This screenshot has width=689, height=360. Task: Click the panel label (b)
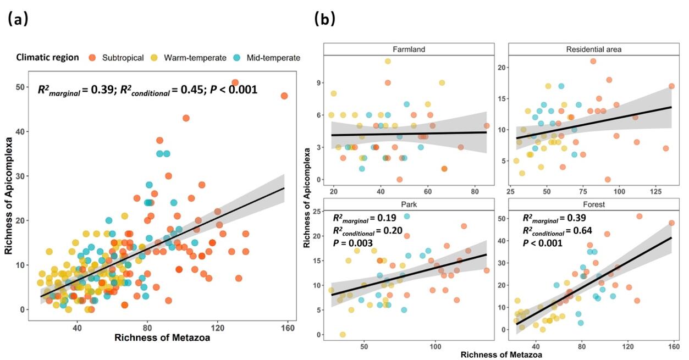tap(324, 20)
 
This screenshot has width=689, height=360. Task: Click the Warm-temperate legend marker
tap(155, 58)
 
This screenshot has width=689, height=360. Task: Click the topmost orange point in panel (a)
tap(235, 83)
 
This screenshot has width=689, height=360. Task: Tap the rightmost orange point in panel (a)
tap(284, 96)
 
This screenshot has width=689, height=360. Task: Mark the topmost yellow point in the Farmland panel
tap(388, 61)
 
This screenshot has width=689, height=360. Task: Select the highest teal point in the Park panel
tap(407, 216)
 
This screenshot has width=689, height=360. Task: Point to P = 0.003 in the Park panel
tap(351, 242)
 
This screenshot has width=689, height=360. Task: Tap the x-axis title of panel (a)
tap(162, 338)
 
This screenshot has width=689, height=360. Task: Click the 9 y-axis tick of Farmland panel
tap(317, 82)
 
